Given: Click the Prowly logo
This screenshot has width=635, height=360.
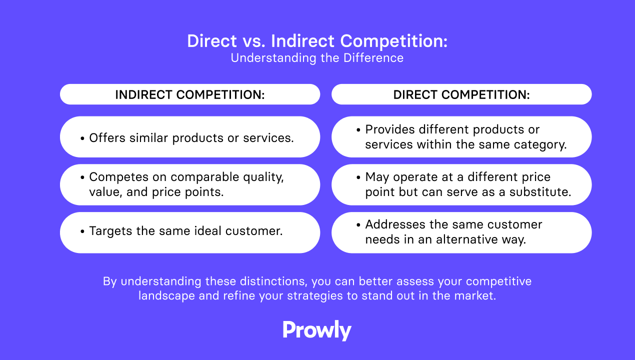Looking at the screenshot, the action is tap(317, 330).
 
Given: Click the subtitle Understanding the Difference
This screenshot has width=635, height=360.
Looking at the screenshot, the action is tap(317, 58).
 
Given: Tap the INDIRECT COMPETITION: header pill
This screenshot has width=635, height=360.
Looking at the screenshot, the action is tap(190, 94).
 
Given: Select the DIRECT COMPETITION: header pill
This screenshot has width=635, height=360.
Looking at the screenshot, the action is tap(461, 94).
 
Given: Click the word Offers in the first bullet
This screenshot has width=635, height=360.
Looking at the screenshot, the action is tap(107, 138).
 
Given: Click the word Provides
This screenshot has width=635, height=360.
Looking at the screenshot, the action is tap(390, 129).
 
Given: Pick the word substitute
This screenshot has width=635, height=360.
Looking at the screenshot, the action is tap(540, 192).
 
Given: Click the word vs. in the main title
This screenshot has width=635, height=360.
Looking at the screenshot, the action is tap(253, 41).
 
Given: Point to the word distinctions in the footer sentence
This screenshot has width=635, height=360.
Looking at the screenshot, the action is tap(273, 281).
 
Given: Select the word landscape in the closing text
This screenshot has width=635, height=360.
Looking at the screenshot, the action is tap(166, 296).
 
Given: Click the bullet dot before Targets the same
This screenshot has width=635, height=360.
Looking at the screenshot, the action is tap(82, 231).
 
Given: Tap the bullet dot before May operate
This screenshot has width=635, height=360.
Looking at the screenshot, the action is tap(358, 177).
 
